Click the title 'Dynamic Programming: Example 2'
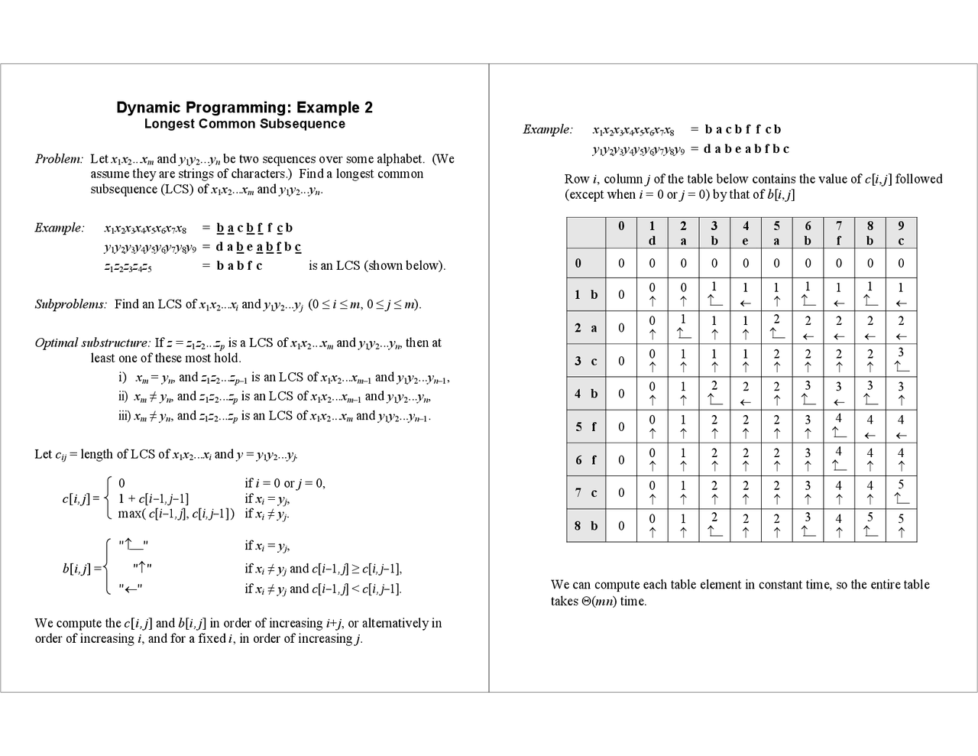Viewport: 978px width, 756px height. (x=244, y=108)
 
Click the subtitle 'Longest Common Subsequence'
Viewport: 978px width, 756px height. (x=244, y=124)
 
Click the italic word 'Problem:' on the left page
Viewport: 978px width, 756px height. (x=59, y=159)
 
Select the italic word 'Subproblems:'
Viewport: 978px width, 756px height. (x=71, y=304)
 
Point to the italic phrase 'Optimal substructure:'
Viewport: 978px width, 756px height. (x=92, y=342)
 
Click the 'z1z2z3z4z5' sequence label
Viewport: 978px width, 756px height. (x=128, y=266)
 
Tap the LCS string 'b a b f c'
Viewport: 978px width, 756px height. (x=239, y=266)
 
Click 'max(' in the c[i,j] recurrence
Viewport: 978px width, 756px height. (x=131, y=514)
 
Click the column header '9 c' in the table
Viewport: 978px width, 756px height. (x=901, y=232)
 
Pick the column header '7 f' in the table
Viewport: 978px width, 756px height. (x=838, y=232)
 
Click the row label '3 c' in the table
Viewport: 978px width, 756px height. (x=586, y=361)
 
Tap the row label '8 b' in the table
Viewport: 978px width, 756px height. (x=586, y=526)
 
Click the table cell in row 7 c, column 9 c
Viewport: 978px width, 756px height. (x=901, y=492)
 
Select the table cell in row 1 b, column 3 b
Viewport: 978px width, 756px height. (x=714, y=294)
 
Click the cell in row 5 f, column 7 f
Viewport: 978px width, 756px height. (x=838, y=427)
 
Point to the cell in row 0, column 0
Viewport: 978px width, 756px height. (x=621, y=263)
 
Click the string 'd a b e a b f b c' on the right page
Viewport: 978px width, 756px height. (x=746, y=149)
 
